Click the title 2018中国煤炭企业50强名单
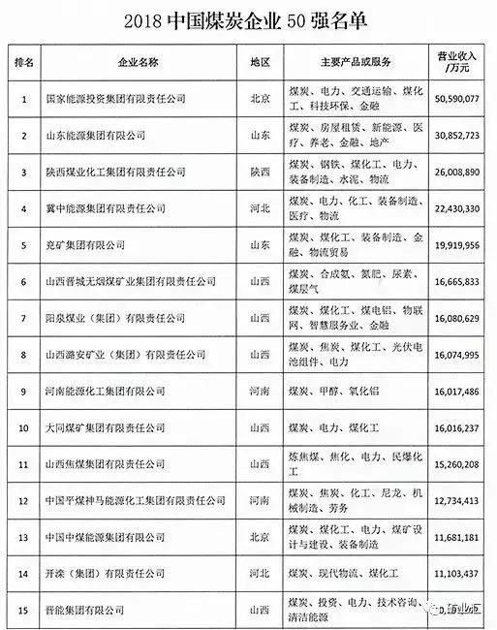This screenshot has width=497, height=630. click(x=248, y=20)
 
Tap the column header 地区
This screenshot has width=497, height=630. click(x=259, y=61)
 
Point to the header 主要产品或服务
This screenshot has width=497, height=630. click(x=353, y=61)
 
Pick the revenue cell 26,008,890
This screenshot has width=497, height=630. click(x=453, y=171)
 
